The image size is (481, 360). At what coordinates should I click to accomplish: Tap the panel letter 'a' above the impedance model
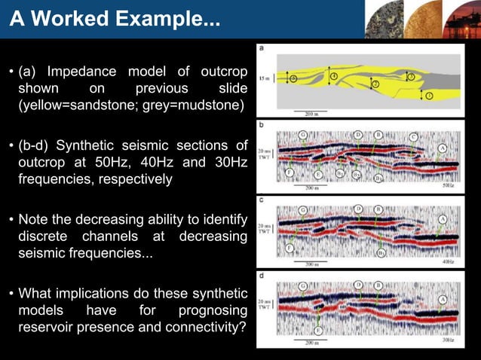click(261, 50)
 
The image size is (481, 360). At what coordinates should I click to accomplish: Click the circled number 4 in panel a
click(333, 76)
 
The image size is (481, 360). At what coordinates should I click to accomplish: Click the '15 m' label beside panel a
click(262, 78)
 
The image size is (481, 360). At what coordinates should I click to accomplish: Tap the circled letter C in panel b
click(415, 137)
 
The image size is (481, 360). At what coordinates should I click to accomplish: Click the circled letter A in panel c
click(443, 218)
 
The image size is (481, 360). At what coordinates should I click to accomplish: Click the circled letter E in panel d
click(319, 330)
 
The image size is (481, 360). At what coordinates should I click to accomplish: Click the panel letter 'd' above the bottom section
click(261, 275)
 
